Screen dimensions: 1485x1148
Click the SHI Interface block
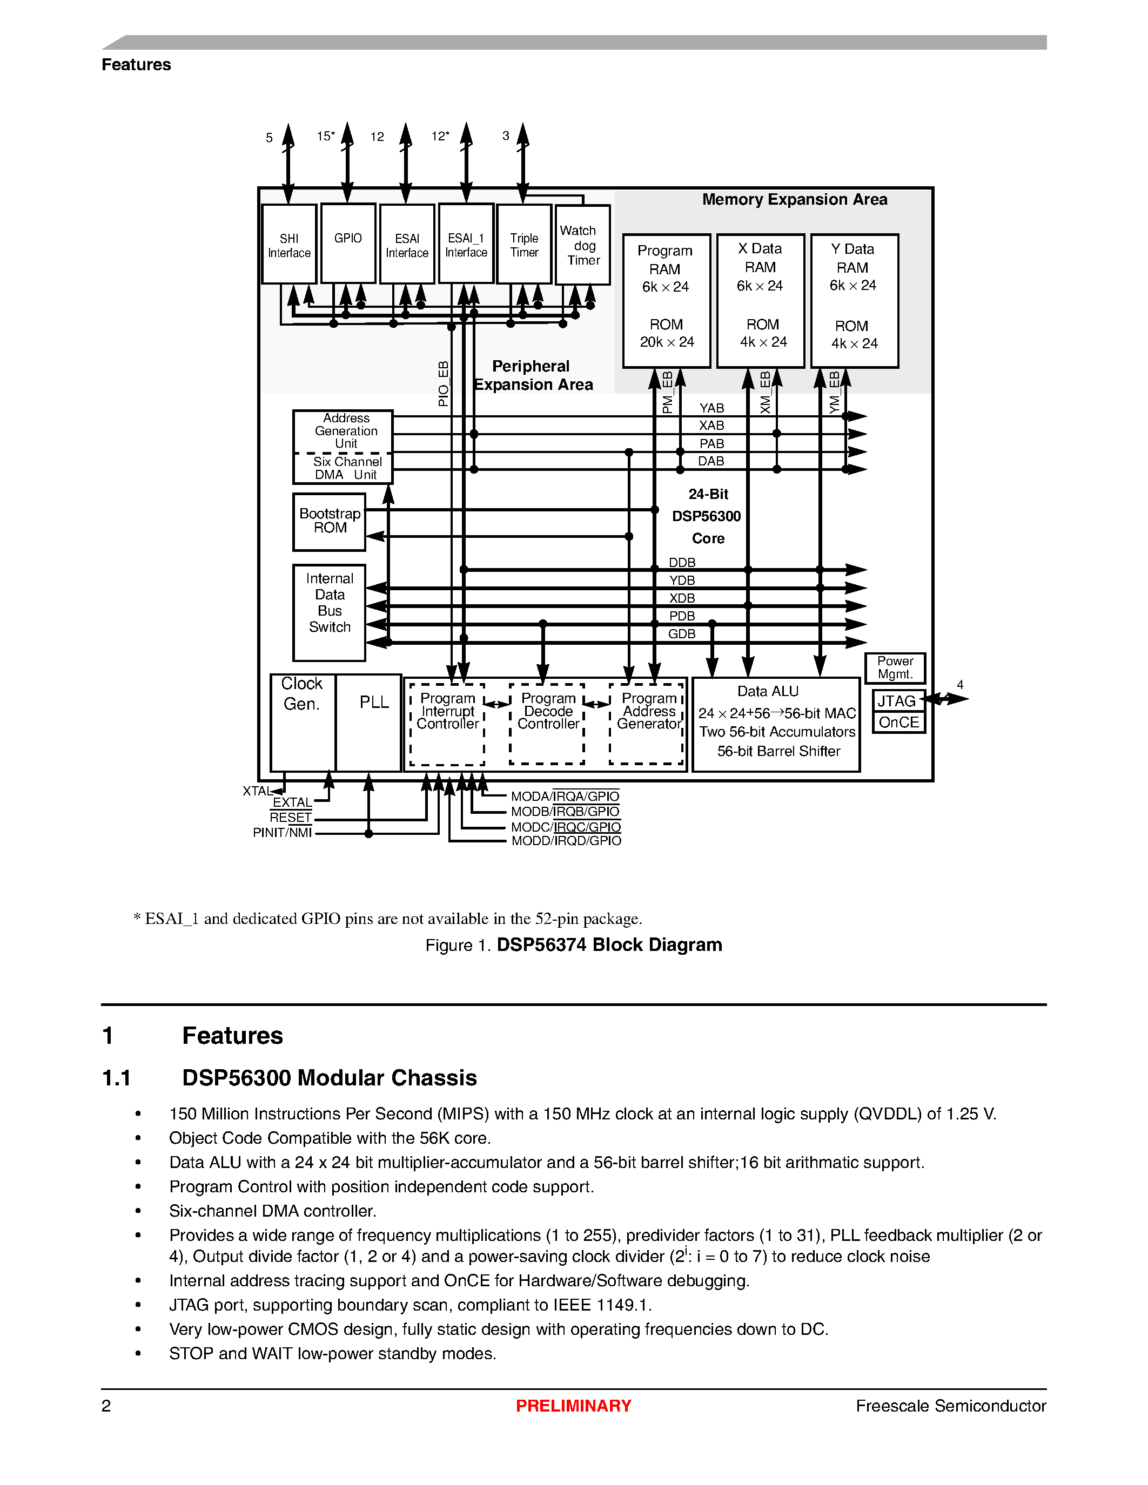pyautogui.click(x=289, y=245)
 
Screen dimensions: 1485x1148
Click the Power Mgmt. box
pyautogui.click(x=895, y=667)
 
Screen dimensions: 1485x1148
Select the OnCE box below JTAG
pyautogui.click(x=898, y=722)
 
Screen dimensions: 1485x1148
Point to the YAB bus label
pyautogui.click(x=711, y=408)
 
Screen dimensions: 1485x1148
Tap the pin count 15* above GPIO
pyautogui.click(x=326, y=136)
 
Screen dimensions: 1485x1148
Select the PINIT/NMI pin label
pyautogui.click(x=282, y=833)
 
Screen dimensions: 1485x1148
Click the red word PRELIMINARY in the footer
pyautogui.click(x=573, y=1406)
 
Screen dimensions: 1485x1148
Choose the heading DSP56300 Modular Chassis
pyautogui.click(x=329, y=1078)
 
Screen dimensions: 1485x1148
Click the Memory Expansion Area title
pyautogui.click(x=794, y=199)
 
